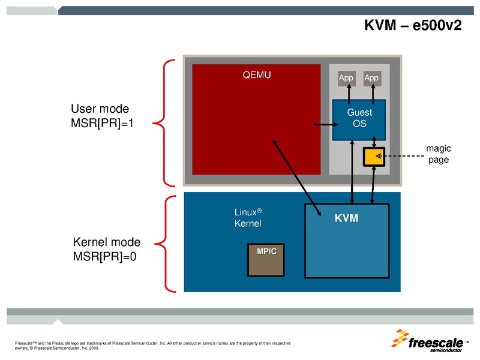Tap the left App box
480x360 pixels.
(346, 78)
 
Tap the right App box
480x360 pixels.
(372, 78)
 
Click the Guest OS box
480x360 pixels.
(359, 119)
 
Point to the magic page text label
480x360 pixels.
(438, 154)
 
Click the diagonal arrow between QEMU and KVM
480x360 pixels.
(294, 171)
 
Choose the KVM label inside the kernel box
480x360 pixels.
(346, 218)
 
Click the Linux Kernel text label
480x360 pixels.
(248, 217)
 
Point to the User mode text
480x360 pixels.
(100, 109)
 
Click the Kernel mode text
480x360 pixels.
(106, 242)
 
